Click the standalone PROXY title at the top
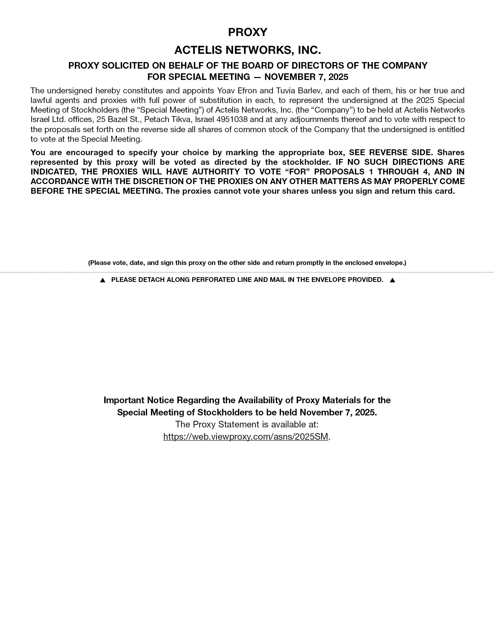point(247,32)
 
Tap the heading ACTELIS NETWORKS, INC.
point(247,50)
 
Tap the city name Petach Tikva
point(168,119)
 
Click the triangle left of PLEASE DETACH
point(103,280)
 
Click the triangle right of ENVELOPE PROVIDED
point(392,280)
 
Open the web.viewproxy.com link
point(245,437)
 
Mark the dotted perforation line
point(247,272)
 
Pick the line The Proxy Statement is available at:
point(247,424)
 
